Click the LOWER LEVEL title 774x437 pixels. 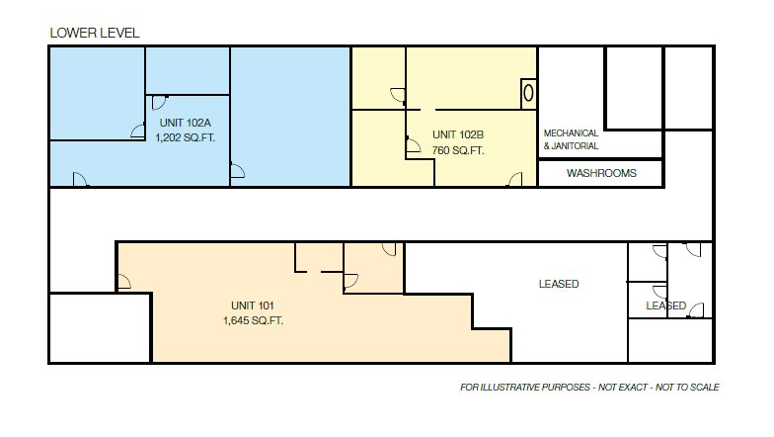[x=95, y=33]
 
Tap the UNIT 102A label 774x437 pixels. [x=185, y=123]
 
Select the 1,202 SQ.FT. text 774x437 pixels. [x=185, y=138]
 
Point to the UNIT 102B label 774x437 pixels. [x=458, y=134]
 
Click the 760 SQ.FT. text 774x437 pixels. [x=458, y=151]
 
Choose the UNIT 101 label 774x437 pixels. [x=253, y=305]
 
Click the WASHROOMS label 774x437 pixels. [x=601, y=174]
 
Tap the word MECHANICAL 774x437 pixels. [x=571, y=132]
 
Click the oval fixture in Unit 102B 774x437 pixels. [x=528, y=93]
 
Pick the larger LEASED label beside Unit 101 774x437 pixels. [x=559, y=284]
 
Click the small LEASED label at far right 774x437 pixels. [x=665, y=306]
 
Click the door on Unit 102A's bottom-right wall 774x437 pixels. [x=237, y=171]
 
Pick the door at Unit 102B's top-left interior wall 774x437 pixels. [x=397, y=96]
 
